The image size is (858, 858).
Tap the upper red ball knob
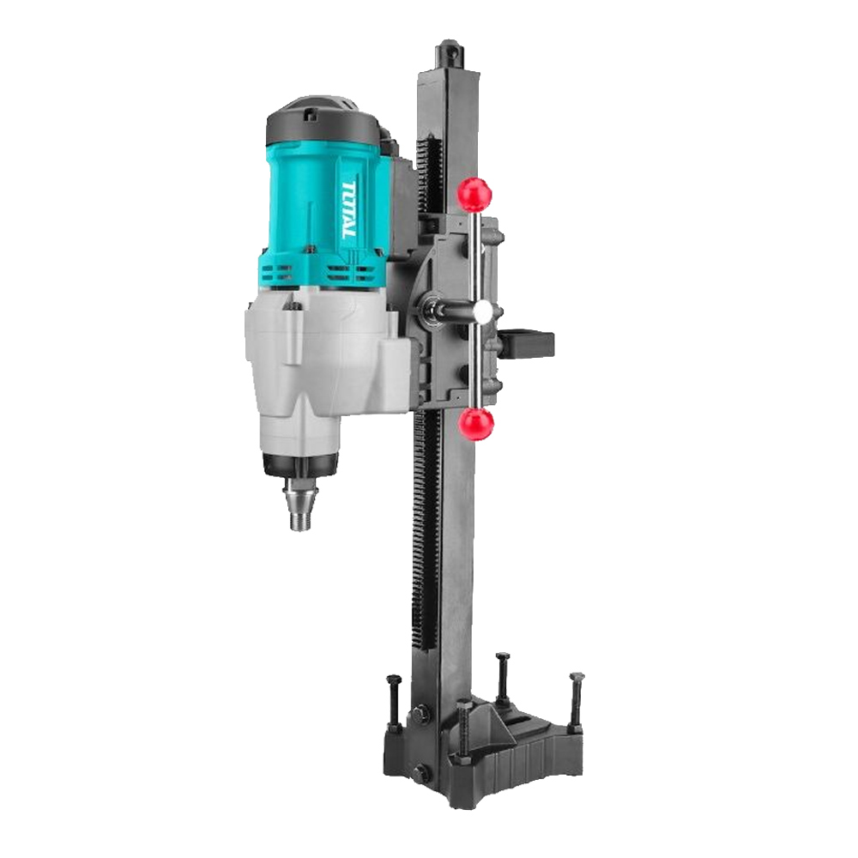click(476, 192)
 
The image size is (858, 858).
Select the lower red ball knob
click(478, 423)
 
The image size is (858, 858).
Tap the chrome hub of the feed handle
click(483, 313)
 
